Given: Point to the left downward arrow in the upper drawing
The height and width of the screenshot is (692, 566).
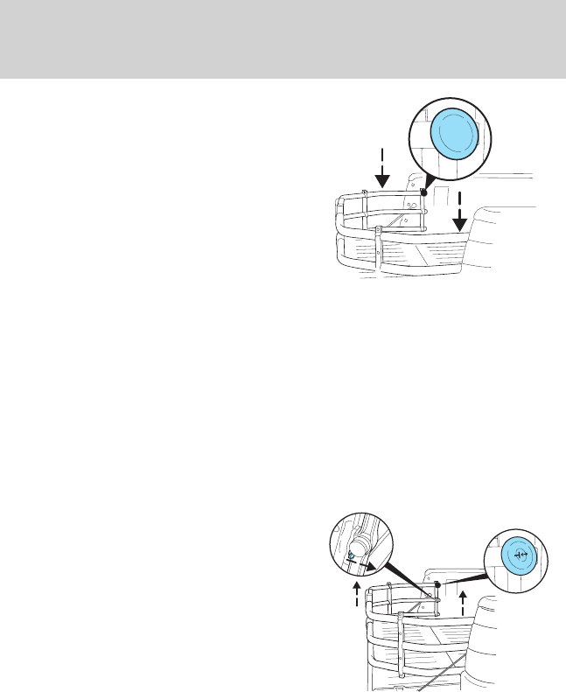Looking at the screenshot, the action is (x=381, y=171).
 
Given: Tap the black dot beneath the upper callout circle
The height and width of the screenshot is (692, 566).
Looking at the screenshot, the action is (x=424, y=193).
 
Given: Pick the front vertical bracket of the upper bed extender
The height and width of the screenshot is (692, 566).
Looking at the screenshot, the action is (x=378, y=245).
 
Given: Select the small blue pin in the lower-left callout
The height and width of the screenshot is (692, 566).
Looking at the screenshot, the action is (x=351, y=556).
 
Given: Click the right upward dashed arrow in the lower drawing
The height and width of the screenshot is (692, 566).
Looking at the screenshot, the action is (x=463, y=604).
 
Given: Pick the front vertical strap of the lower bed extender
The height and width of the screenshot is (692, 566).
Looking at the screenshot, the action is (x=401, y=643).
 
